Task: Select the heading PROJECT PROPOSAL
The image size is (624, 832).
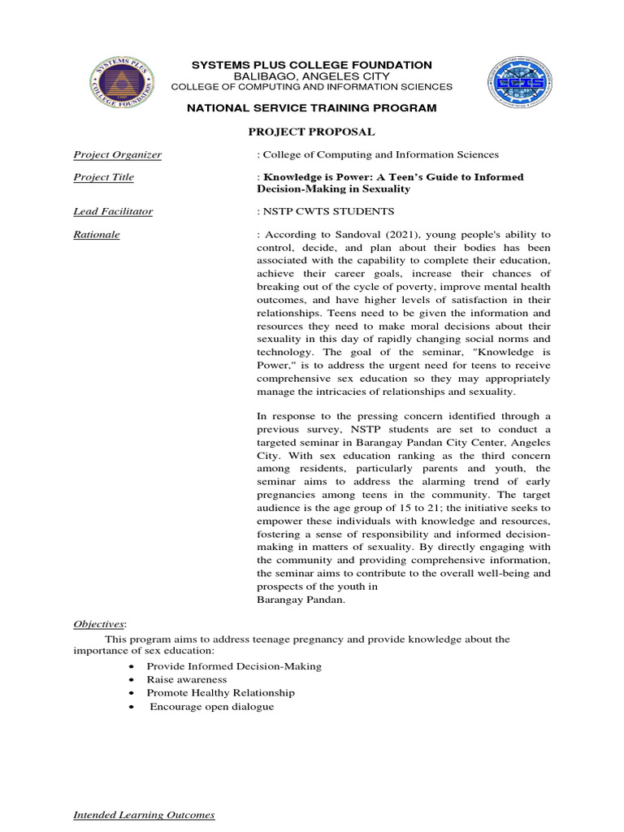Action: pyautogui.click(x=311, y=132)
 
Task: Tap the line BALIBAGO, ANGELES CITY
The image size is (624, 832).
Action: pyautogui.click(x=311, y=76)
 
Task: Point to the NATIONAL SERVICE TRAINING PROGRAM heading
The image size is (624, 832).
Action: pyautogui.click(x=311, y=108)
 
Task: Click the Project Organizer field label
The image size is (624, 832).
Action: pyautogui.click(x=117, y=154)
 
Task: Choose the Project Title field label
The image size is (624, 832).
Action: pyautogui.click(x=104, y=177)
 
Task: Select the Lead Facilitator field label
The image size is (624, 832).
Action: pyautogui.click(x=113, y=211)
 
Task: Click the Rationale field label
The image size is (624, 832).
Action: pyautogui.click(x=97, y=234)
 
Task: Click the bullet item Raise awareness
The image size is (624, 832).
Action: pyautogui.click(x=187, y=679)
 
